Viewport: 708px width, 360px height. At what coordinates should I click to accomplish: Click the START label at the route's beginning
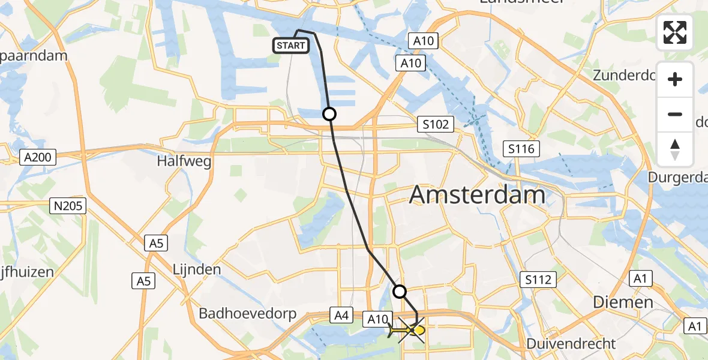[291, 46]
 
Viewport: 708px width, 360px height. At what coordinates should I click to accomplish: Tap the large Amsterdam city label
[478, 196]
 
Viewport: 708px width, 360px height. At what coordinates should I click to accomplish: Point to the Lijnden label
[197, 269]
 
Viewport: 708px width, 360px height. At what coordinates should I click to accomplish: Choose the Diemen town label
[623, 302]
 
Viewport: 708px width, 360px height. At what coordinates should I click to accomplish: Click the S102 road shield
[436, 125]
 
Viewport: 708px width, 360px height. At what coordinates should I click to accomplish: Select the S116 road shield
[522, 149]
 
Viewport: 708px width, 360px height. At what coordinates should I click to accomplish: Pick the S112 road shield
[538, 279]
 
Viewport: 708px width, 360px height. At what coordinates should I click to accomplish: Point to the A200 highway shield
[37, 158]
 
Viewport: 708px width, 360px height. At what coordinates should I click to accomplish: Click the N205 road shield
[68, 206]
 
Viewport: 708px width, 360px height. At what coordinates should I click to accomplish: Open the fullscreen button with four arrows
[675, 32]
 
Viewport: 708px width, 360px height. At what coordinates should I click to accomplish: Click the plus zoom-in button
[675, 79]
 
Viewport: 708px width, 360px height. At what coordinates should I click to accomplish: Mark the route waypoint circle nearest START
[329, 114]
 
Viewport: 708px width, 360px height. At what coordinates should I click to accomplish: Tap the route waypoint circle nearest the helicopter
[399, 292]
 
